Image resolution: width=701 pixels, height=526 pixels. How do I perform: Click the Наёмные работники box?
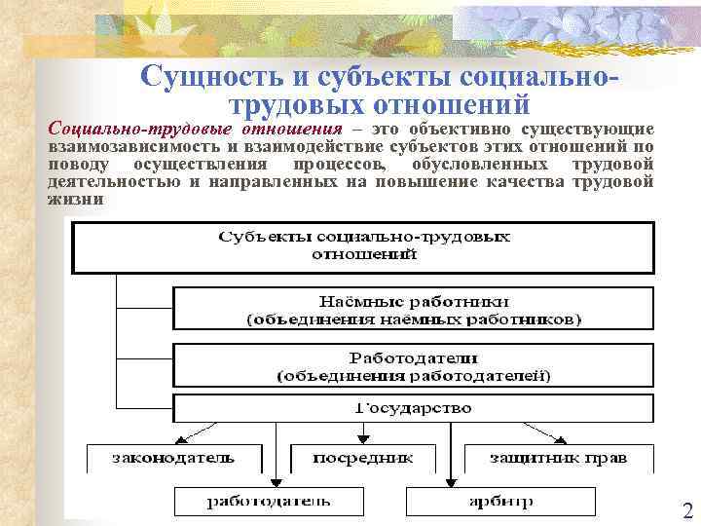414,308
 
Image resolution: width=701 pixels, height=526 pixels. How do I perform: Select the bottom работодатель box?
269,502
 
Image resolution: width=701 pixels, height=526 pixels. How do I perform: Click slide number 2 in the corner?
687,510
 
